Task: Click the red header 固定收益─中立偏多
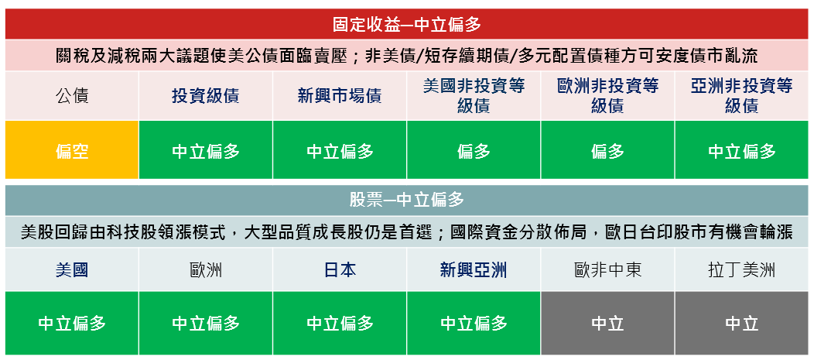click(407, 24)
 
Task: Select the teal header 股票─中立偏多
click(407, 200)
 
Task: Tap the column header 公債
click(72, 96)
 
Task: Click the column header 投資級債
click(206, 96)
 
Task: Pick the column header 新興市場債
click(340, 96)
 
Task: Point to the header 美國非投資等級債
click(474, 96)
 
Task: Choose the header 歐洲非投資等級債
click(608, 96)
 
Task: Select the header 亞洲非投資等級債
click(742, 96)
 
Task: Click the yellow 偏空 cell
click(72, 151)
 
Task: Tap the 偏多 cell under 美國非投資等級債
click(474, 151)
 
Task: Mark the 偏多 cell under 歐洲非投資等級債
click(608, 151)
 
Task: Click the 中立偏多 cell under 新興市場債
click(340, 151)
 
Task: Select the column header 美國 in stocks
click(72, 270)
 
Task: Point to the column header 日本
click(340, 270)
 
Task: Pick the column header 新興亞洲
click(474, 270)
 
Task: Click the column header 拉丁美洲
click(742, 270)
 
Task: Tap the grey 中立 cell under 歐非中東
click(608, 323)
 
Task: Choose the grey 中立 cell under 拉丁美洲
click(742, 323)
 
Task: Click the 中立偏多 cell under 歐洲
click(206, 323)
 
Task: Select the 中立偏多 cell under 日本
click(340, 323)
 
